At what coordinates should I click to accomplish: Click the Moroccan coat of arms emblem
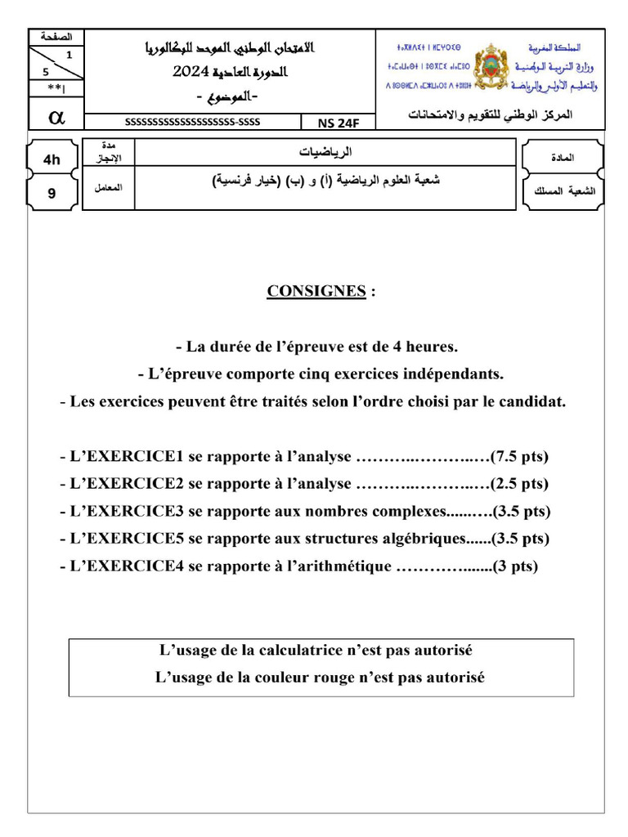click(491, 66)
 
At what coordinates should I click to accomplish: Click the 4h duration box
click(52, 159)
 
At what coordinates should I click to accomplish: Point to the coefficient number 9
click(52, 194)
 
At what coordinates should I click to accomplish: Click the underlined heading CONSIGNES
click(316, 292)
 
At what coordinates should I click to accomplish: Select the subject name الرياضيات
click(325, 152)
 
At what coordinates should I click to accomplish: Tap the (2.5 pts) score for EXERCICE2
click(520, 484)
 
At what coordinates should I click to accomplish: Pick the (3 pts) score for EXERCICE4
click(514, 566)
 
